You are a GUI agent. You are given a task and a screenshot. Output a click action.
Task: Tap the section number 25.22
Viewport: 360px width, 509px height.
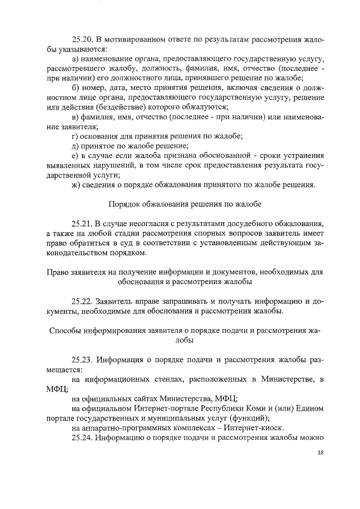pos(83,300)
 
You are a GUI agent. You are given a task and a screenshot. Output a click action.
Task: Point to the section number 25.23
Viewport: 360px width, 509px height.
pos(83,359)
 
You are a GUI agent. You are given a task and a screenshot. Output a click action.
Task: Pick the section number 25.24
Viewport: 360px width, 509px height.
pos(83,438)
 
